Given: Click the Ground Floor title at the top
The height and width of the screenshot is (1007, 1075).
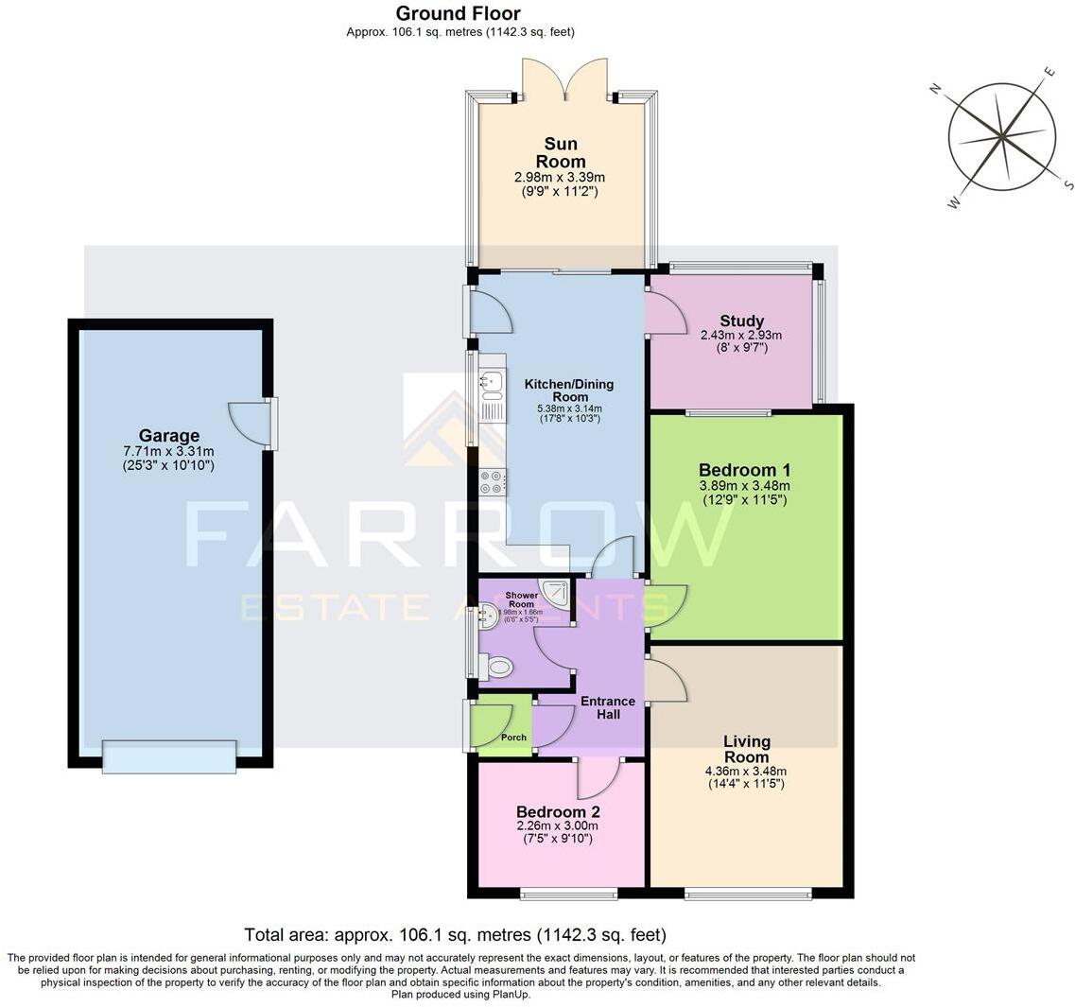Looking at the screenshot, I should tap(458, 13).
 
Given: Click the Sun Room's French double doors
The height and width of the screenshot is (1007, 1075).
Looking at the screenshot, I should tap(564, 79).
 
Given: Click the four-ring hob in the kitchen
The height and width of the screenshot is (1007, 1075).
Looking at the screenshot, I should tap(493, 482).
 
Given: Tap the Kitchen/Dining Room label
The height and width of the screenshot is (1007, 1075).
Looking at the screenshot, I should tap(569, 391).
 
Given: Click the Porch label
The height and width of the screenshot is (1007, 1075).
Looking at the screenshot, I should tap(513, 738).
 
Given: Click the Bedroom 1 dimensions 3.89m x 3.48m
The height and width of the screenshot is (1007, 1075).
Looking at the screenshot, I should tap(744, 486).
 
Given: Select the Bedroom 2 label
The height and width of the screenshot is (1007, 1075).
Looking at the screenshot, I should tap(558, 811).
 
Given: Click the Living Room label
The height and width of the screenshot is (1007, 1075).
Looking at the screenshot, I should tap(746, 749).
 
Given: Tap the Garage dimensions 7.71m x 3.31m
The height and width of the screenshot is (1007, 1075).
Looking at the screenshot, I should tap(169, 452).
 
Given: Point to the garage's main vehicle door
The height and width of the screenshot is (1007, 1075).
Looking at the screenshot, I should tap(169, 756).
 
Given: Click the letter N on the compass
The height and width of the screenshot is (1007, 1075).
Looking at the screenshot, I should tap(935, 89).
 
